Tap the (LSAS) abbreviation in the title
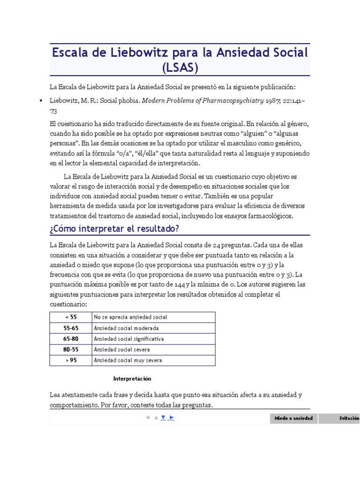pyautogui.click(x=180, y=67)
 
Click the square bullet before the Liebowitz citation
pyautogui.click(x=41, y=101)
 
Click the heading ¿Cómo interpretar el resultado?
pyautogui.click(x=114, y=228)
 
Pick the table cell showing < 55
pyautogui.click(x=71, y=317)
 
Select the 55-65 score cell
pyautogui.click(x=71, y=328)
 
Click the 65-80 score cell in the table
pyautogui.click(x=71, y=338)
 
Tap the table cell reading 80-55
pyautogui.click(x=71, y=349)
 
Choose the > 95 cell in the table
pyautogui.click(x=71, y=360)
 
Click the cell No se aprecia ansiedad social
pyautogui.click(x=130, y=317)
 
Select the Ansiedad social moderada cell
pyautogui.click(x=126, y=328)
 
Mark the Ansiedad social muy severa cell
pyautogui.click(x=128, y=360)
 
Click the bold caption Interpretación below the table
pyautogui.click(x=132, y=378)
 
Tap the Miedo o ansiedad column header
pyautogui.click(x=293, y=418)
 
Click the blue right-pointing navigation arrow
pyautogui.click(x=171, y=417)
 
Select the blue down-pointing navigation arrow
pyautogui.click(x=163, y=417)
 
